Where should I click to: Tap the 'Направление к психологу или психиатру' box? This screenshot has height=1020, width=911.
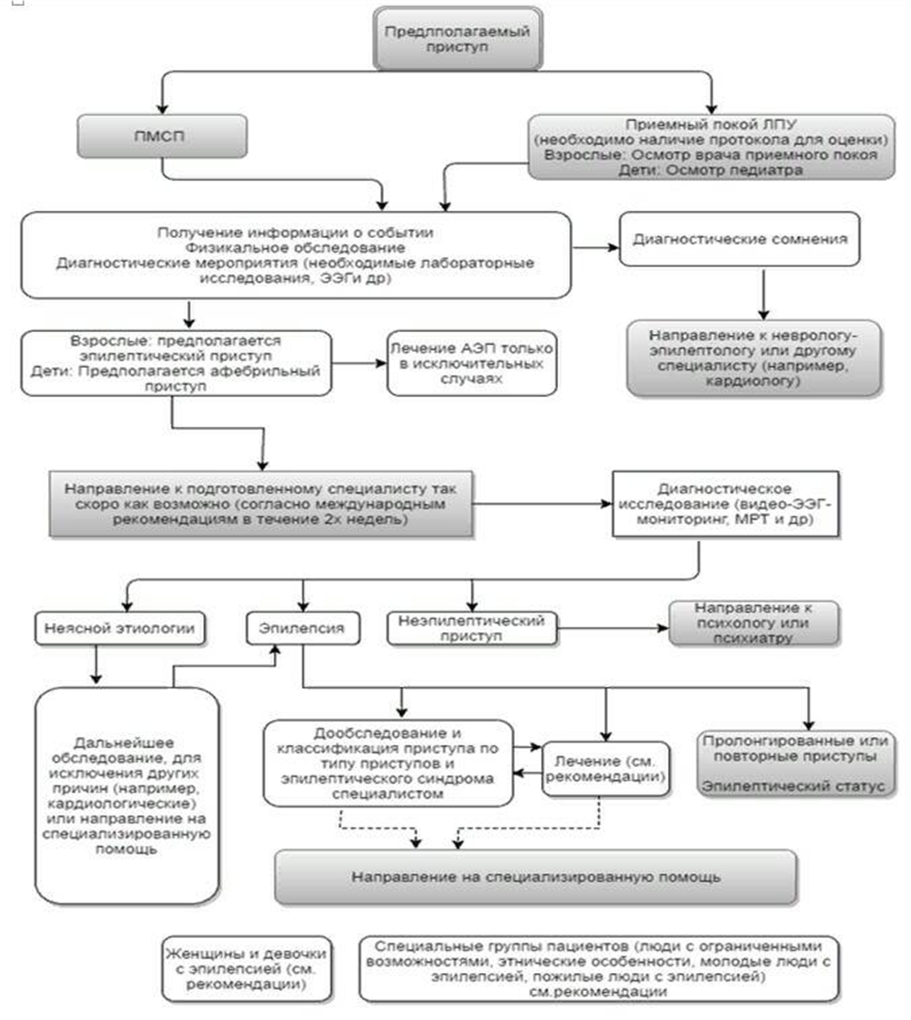point(753,623)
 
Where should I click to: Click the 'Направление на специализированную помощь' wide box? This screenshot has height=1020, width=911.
point(535,877)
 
